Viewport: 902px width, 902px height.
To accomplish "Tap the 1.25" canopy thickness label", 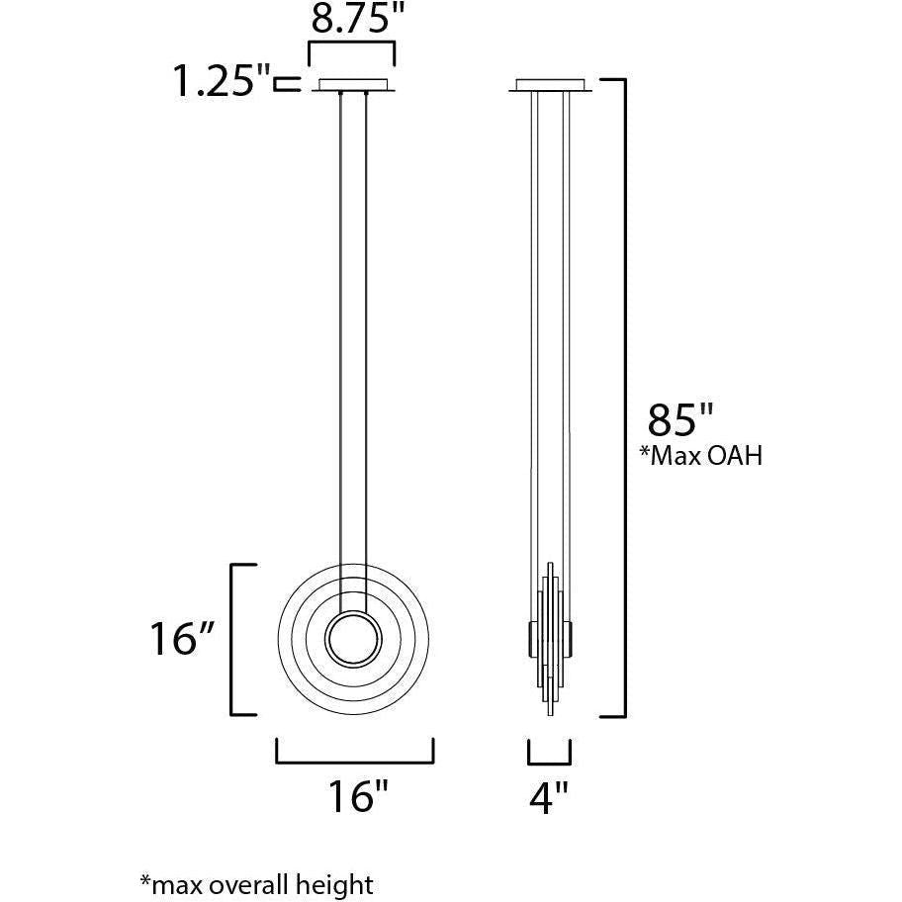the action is pyautogui.click(x=222, y=81).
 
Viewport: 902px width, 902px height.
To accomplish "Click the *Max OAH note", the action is pyautogui.click(x=701, y=456).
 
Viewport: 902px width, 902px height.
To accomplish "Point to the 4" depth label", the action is pyautogui.click(x=548, y=798).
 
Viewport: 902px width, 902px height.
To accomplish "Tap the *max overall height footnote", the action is pyautogui.click(x=256, y=884).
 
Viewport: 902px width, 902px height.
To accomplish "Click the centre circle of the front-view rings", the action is pyautogui.click(x=353, y=640).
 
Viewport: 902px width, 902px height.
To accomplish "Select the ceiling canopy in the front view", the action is pyautogui.click(x=353, y=85).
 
